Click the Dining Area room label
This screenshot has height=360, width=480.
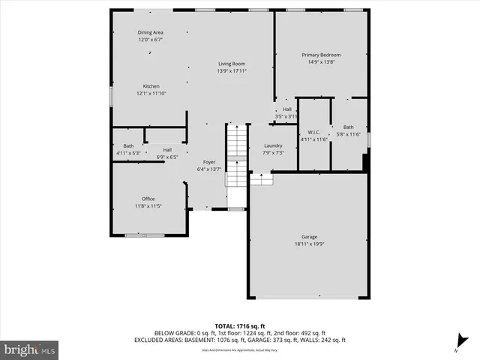150,33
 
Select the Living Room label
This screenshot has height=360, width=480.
232,64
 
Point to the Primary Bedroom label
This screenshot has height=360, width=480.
321,55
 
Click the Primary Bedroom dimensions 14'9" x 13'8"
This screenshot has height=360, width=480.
321,62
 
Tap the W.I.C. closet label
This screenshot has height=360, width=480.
314,132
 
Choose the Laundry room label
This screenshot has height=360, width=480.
273,145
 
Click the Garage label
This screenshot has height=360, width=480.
309,236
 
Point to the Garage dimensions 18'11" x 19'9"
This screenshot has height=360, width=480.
309,244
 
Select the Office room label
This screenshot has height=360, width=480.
148,199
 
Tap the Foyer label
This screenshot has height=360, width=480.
209,162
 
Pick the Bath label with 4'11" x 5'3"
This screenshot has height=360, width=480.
128,145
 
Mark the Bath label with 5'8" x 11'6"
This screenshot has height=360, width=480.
348,127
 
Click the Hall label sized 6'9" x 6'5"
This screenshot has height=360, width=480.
166,150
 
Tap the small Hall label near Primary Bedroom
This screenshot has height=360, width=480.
286,109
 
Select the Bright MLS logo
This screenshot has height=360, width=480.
29,349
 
